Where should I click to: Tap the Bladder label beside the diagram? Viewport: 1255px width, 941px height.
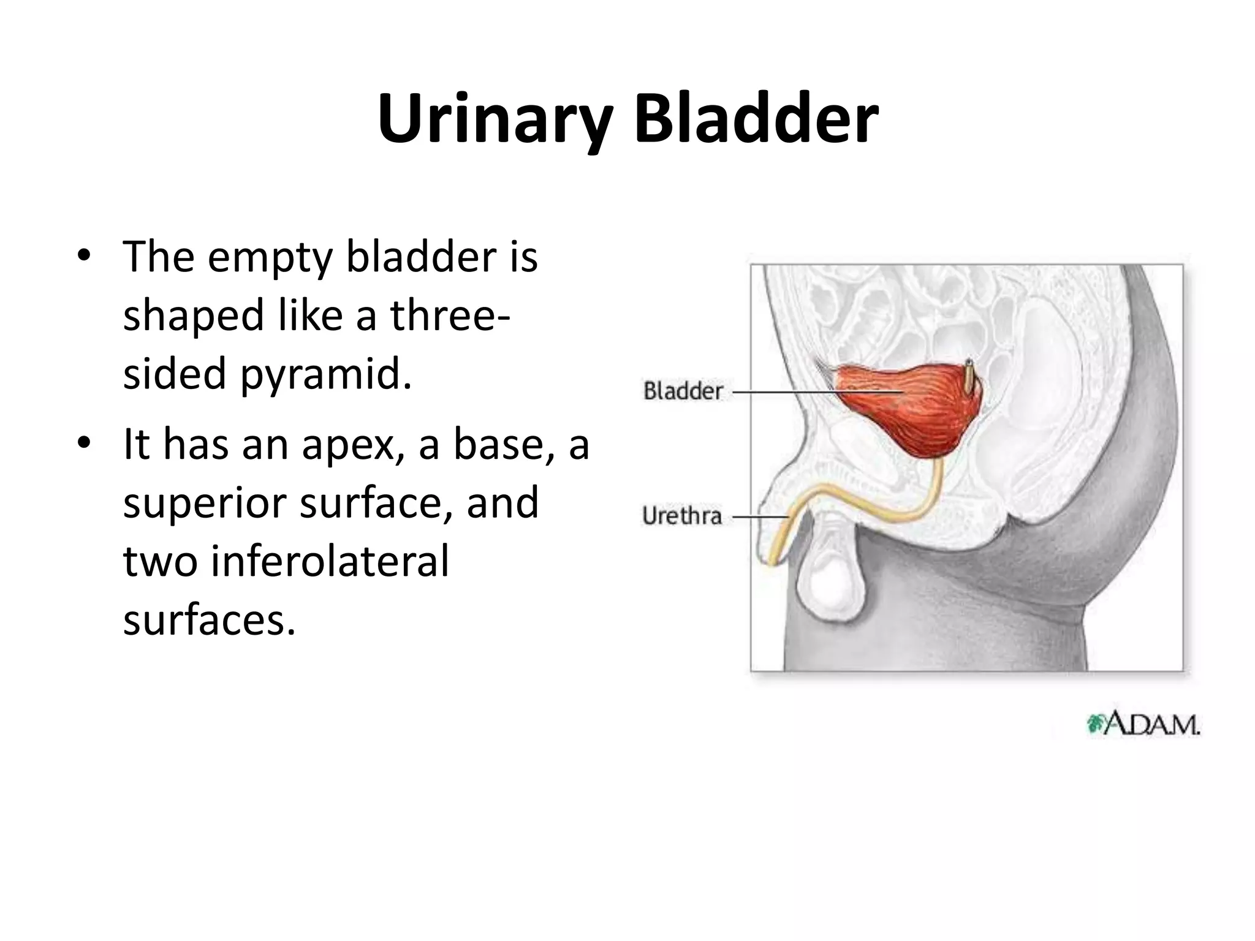coord(683,391)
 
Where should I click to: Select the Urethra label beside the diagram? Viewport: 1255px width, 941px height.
coord(682,516)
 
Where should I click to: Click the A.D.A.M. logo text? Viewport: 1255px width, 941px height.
coord(1151,725)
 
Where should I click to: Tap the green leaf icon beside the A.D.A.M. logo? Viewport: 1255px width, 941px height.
coord(1094,725)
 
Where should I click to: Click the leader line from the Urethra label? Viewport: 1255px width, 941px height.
coord(760,516)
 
